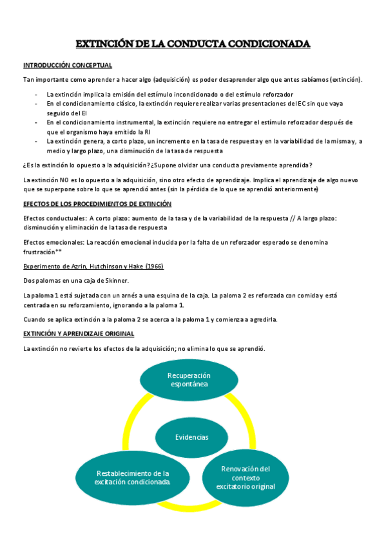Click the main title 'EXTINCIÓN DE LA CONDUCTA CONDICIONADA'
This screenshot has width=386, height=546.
[193, 44]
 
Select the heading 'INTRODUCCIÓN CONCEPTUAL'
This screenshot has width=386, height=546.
[68, 65]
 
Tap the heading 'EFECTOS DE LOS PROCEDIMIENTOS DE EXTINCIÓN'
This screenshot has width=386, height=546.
[97, 203]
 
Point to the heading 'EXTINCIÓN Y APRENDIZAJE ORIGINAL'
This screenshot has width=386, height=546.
[79, 334]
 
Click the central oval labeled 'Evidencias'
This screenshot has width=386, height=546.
[191, 437]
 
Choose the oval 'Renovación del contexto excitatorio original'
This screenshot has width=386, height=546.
[246, 478]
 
